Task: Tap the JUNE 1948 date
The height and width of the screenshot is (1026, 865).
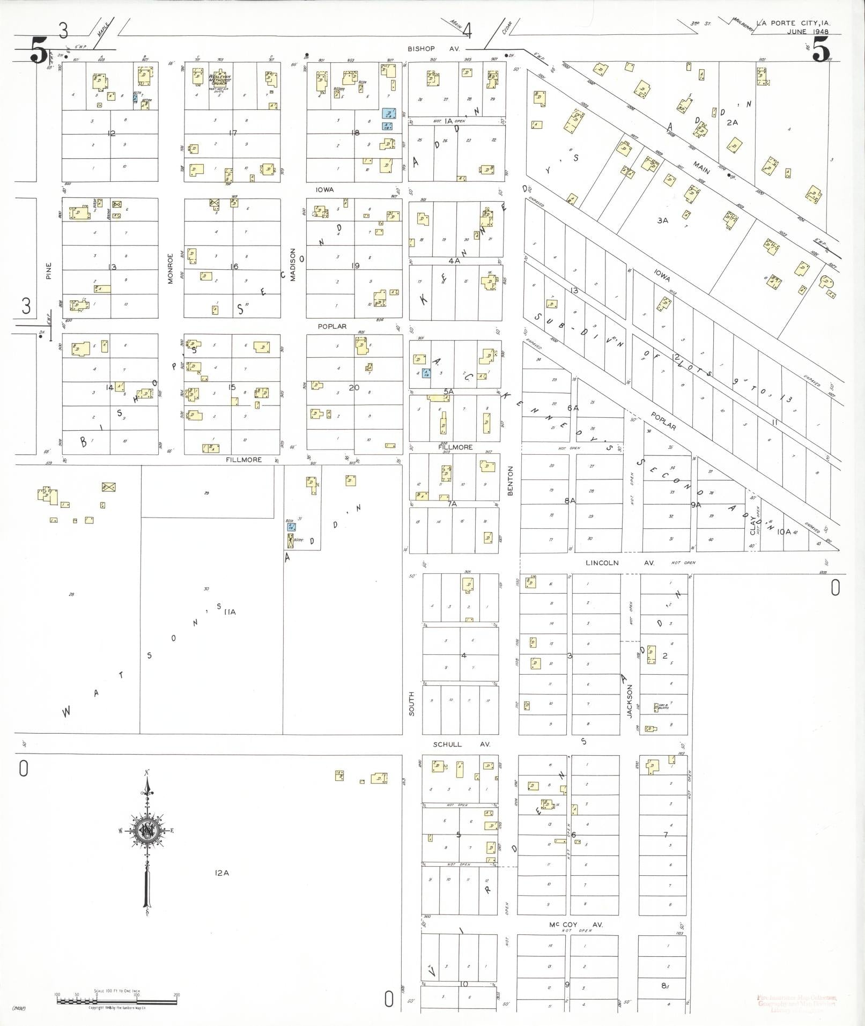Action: [x=808, y=32]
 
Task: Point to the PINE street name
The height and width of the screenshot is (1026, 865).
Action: [x=49, y=270]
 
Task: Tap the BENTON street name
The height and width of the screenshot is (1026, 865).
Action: [x=510, y=480]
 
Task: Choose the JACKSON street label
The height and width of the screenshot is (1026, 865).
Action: [x=630, y=700]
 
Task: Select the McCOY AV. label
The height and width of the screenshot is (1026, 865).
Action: [x=568, y=925]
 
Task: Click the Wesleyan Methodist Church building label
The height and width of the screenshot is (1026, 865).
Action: [x=219, y=80]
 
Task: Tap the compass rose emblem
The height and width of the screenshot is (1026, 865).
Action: [x=146, y=831]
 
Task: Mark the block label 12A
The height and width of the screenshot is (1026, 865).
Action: [x=222, y=873]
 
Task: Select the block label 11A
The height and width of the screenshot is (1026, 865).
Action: [x=231, y=611]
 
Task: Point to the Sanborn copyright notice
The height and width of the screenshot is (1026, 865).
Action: [x=117, y=1008]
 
